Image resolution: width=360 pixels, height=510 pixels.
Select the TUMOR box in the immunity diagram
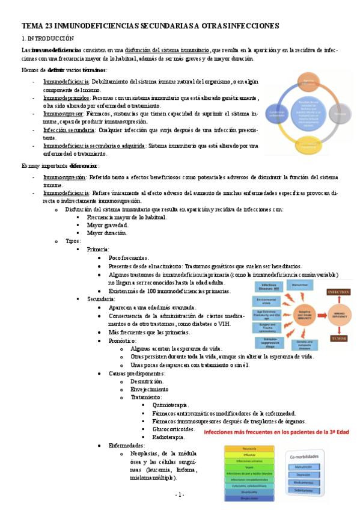(339, 339)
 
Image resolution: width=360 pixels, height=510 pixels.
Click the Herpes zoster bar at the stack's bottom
(249, 498)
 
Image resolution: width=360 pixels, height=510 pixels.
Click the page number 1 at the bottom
(180, 494)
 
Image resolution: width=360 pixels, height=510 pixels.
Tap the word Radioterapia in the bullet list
(169, 437)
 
